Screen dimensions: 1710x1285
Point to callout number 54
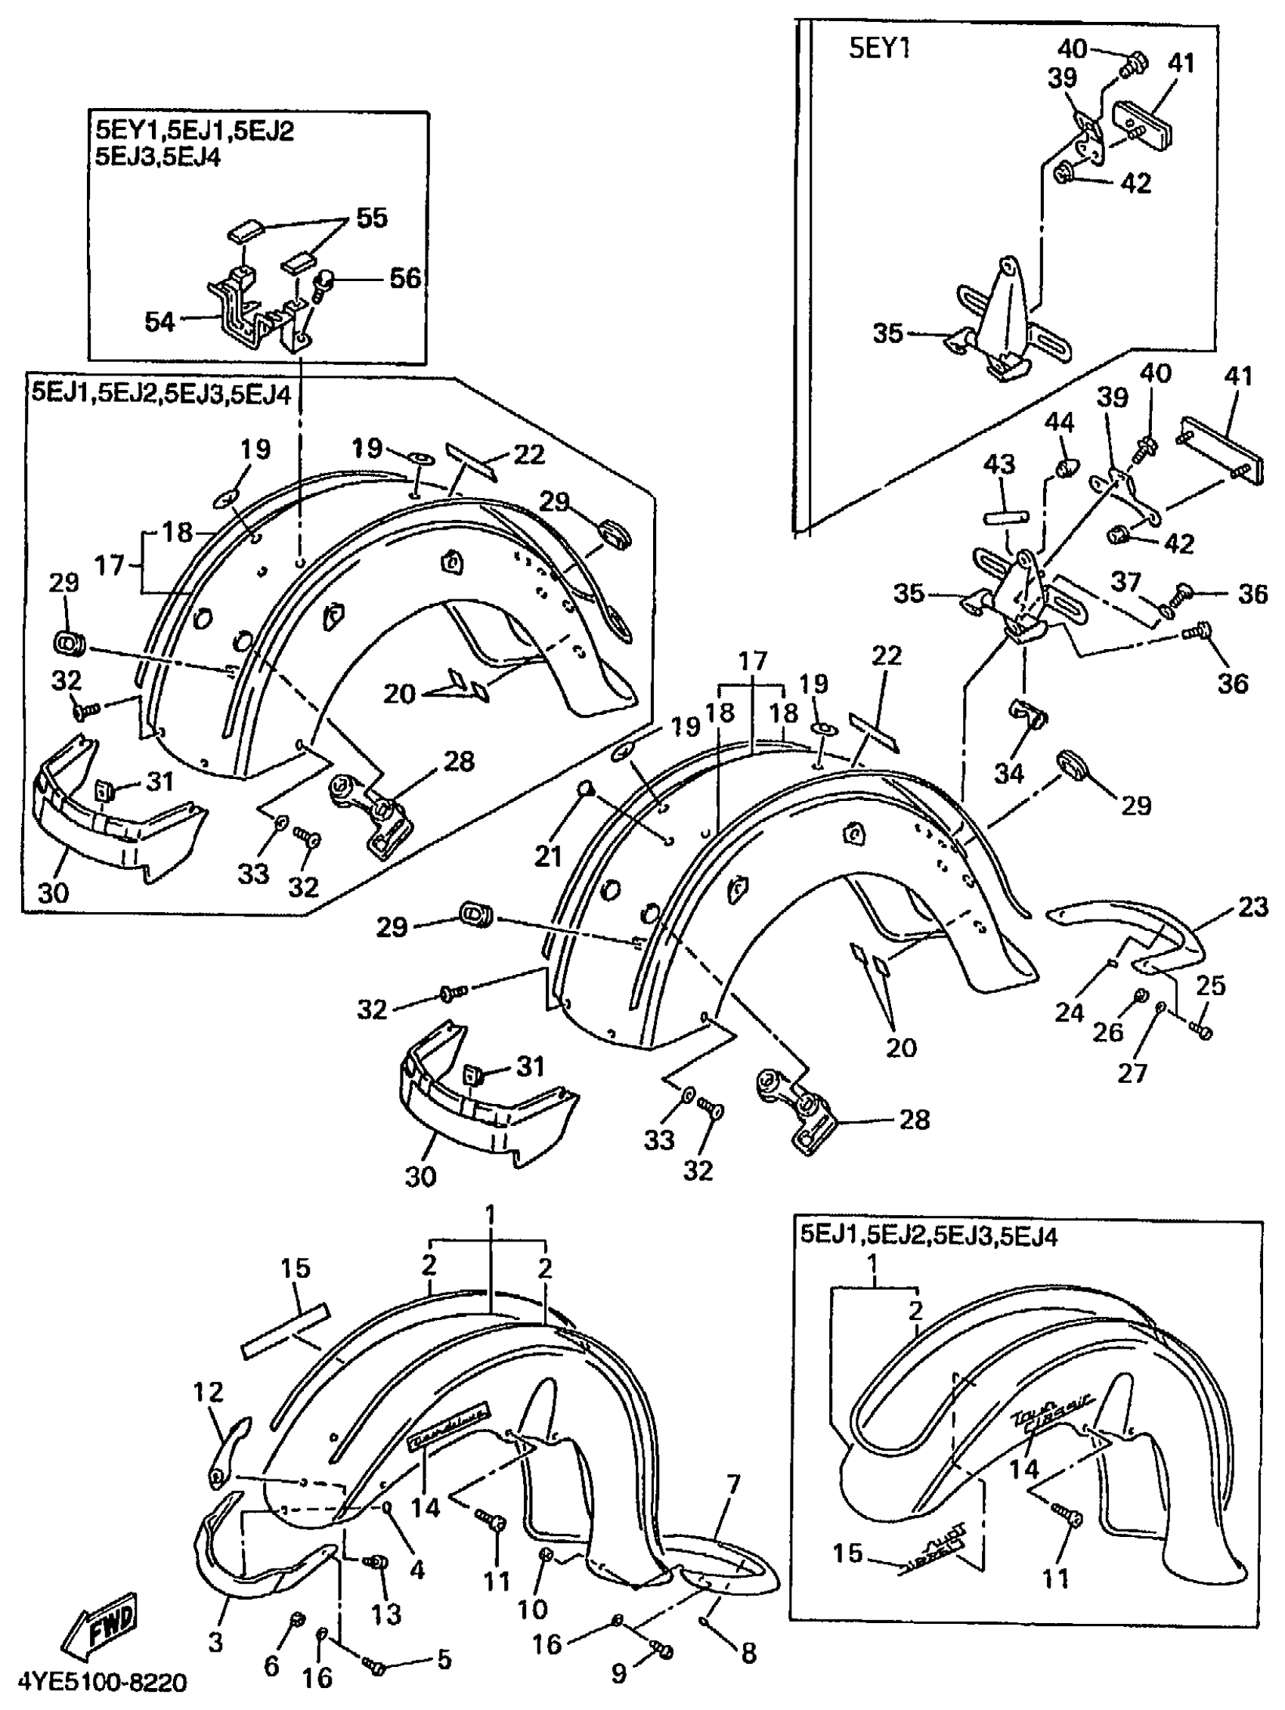tap(160, 322)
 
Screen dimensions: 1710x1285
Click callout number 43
tap(1000, 465)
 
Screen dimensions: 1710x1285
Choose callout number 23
tap(1253, 907)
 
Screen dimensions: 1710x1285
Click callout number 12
tap(208, 1392)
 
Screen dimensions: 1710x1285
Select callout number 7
tap(732, 1484)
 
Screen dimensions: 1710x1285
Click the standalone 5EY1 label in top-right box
tap(879, 48)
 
